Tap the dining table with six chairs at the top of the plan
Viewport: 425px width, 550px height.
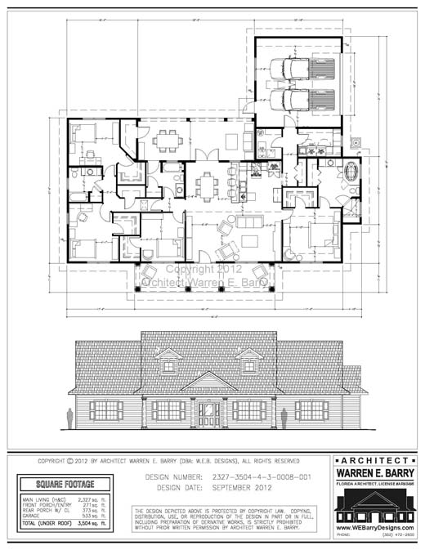click(x=168, y=140)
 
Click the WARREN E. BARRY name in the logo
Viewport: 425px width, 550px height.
click(x=376, y=472)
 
